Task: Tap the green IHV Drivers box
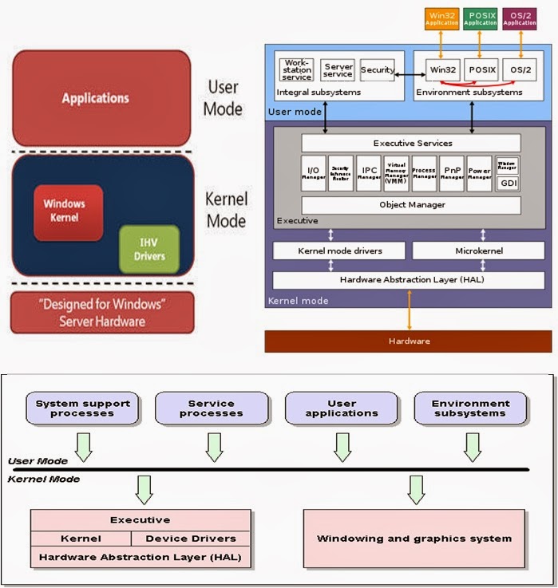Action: (x=149, y=248)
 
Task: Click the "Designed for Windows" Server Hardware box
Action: (x=101, y=313)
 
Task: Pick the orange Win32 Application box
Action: (x=443, y=18)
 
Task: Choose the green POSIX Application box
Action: (x=481, y=18)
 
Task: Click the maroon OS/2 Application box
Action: (x=520, y=18)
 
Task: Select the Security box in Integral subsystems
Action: (x=377, y=70)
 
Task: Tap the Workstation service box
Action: (x=297, y=69)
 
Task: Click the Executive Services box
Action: (x=411, y=143)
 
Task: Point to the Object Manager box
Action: (x=411, y=205)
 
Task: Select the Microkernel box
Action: (x=478, y=251)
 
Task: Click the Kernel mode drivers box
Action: (x=340, y=251)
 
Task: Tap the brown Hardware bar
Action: (x=408, y=341)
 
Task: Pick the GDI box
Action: (x=508, y=183)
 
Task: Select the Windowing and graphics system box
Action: (x=414, y=539)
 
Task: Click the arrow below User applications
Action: (x=342, y=447)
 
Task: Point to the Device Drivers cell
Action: (x=191, y=539)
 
